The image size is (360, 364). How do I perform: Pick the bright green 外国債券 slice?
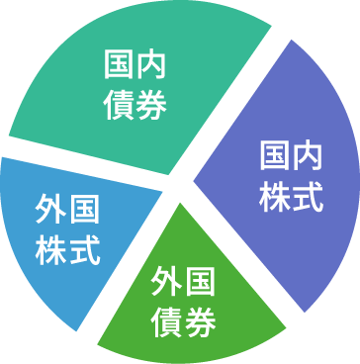tap(188, 297)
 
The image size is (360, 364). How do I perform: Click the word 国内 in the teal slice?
tap(135, 65)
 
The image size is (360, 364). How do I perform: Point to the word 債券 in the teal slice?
tap(135, 105)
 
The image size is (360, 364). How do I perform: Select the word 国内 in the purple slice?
tap(291, 155)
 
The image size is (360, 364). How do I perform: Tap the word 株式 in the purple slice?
tap(291, 197)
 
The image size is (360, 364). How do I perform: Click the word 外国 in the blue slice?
tap(67, 210)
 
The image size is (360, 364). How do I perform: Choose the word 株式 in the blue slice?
tap(67, 250)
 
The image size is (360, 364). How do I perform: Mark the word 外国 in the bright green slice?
tap(183, 282)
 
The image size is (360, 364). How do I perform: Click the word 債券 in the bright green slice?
tap(184, 322)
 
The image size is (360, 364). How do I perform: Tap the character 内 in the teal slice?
tap(151, 65)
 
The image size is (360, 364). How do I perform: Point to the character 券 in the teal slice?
tap(151, 105)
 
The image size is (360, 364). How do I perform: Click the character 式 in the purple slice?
tap(308, 197)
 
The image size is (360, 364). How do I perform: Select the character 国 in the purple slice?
tap(275, 155)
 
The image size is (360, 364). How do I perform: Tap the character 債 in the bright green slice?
tap(167, 322)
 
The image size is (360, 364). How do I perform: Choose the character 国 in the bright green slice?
tap(201, 282)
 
